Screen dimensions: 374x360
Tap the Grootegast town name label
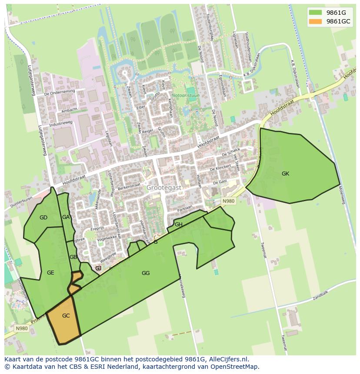(163, 188)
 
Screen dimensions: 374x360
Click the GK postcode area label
(285, 174)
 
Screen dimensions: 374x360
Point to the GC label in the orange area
(66, 316)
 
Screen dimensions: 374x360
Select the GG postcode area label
(146, 273)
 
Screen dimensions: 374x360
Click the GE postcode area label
(50, 273)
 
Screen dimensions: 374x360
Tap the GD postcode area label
(43, 218)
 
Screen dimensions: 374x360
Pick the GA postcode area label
(66, 217)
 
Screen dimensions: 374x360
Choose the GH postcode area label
(179, 225)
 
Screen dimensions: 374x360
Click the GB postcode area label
(73, 257)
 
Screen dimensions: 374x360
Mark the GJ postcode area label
(98, 268)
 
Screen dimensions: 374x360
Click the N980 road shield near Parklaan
(228, 201)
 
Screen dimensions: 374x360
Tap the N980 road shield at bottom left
(21, 328)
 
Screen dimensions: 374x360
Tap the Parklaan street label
(185, 209)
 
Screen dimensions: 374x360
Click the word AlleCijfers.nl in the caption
(228, 359)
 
